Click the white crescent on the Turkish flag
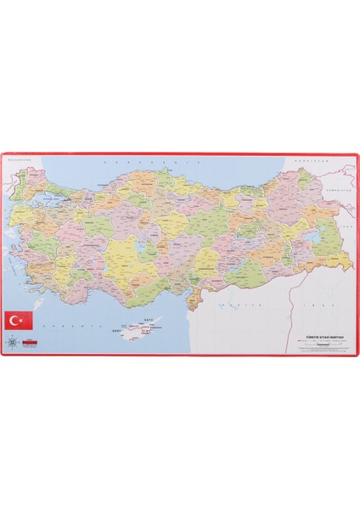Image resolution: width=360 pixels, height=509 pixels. (x=16, y=320)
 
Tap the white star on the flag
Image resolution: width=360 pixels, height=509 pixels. (x=21, y=320)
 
